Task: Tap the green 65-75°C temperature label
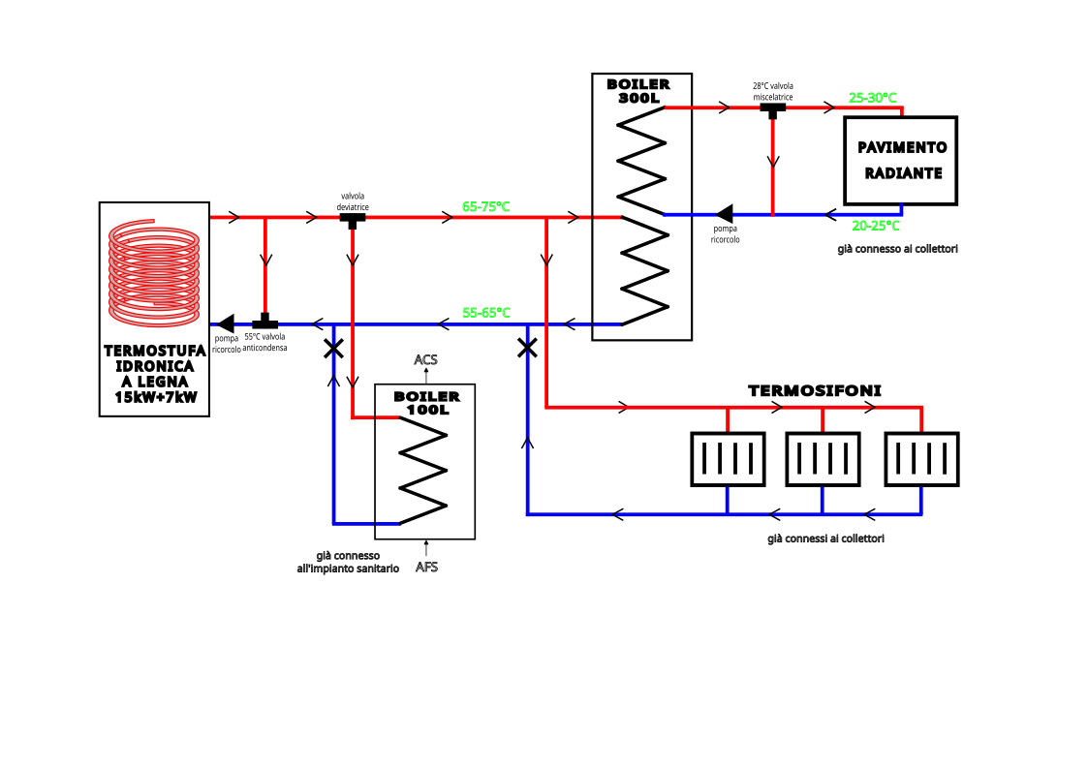pyautogui.click(x=486, y=207)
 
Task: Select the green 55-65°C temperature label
pyautogui.click(x=486, y=313)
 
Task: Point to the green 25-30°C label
pyautogui.click(x=872, y=98)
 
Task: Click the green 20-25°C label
pyautogui.click(x=876, y=226)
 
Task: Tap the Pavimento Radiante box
pyautogui.click(x=901, y=161)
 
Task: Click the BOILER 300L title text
pyautogui.click(x=638, y=91)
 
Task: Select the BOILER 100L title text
pyautogui.click(x=426, y=403)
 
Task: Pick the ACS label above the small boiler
pyautogui.click(x=425, y=360)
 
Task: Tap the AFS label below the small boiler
pyautogui.click(x=426, y=567)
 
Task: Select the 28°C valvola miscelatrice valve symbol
pyautogui.click(x=772, y=109)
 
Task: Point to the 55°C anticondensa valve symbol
pyautogui.click(x=264, y=322)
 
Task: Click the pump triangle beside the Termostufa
pyautogui.click(x=226, y=323)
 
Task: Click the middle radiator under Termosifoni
pyautogui.click(x=823, y=458)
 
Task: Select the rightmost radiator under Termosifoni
pyautogui.click(x=921, y=458)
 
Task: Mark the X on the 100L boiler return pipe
pyautogui.click(x=333, y=347)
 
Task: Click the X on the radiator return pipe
pyautogui.click(x=527, y=347)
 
